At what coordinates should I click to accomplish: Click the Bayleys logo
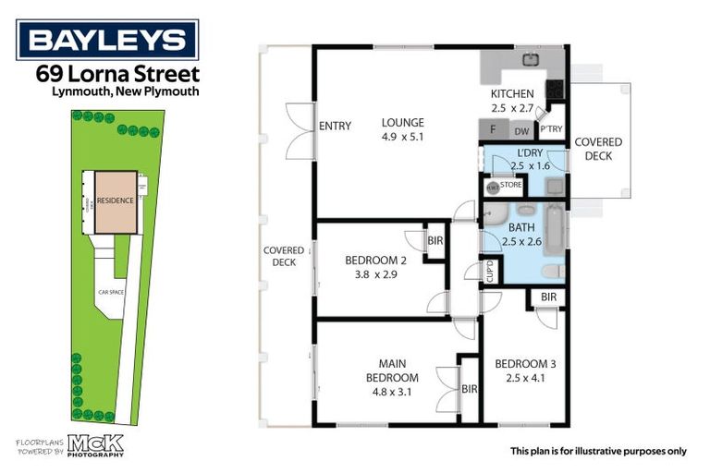click(107, 40)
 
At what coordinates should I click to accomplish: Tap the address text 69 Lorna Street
click(116, 73)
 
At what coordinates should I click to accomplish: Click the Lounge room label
click(402, 123)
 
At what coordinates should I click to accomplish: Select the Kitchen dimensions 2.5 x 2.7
click(512, 108)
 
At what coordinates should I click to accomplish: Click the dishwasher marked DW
click(521, 132)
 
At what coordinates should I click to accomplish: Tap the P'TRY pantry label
click(552, 129)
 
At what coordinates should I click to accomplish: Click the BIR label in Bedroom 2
click(435, 241)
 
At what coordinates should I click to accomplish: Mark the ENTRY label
click(334, 127)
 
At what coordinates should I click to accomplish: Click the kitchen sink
click(531, 61)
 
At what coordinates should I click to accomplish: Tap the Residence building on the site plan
click(116, 200)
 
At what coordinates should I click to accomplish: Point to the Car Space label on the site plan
click(112, 293)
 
